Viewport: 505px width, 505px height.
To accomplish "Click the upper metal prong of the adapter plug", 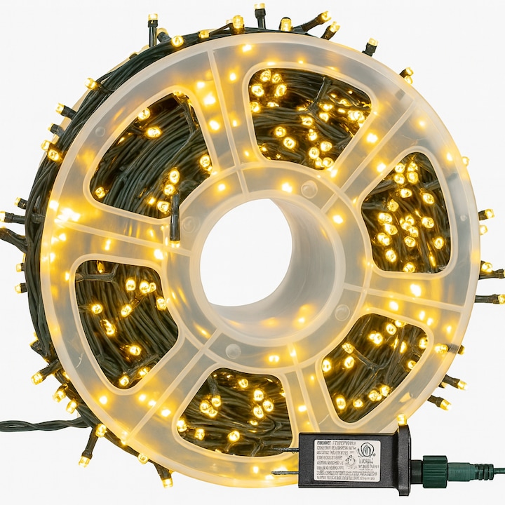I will tap(285, 450).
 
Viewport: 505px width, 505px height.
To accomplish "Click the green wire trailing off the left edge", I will tap(28, 425).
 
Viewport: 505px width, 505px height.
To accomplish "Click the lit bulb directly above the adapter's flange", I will tap(401, 419).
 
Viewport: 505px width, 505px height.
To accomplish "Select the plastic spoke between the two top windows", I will tap(228, 116).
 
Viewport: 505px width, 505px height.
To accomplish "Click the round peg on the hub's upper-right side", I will tap(309, 189).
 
